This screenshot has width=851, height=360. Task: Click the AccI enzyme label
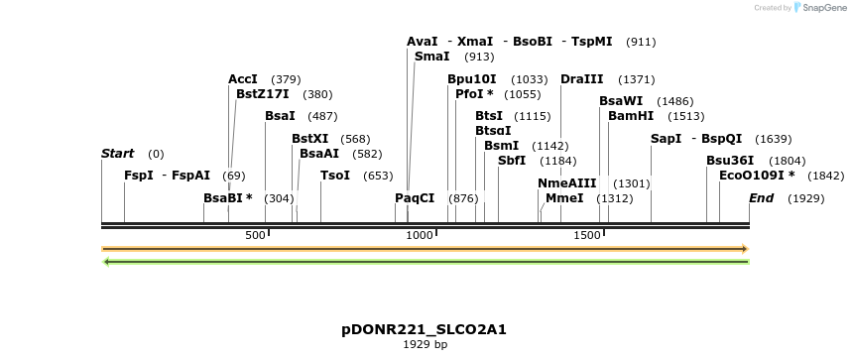pos(243,79)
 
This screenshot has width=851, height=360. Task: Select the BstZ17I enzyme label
pos(263,94)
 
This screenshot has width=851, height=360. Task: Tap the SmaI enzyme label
pos(432,58)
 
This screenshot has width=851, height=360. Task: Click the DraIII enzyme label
pos(581,79)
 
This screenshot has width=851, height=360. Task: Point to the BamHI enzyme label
pos(631,116)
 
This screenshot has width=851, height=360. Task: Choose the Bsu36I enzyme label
pos(730,161)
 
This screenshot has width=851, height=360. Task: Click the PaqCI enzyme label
pos(415,198)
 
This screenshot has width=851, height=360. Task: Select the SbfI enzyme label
pos(512,161)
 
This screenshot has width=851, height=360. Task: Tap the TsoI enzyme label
pos(335,176)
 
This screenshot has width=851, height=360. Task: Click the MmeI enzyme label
pos(564,198)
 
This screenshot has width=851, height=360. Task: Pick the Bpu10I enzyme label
pos(471,79)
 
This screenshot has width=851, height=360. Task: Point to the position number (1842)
pos(825,176)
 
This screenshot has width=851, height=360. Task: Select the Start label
pos(117,154)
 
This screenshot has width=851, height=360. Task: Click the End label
pos(761,198)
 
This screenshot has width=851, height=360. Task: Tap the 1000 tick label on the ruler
pos(421,235)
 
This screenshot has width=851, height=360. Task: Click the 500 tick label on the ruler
pos(256,235)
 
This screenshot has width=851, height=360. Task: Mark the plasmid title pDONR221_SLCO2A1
pos(424,329)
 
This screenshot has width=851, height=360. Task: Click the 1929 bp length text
pos(425,345)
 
